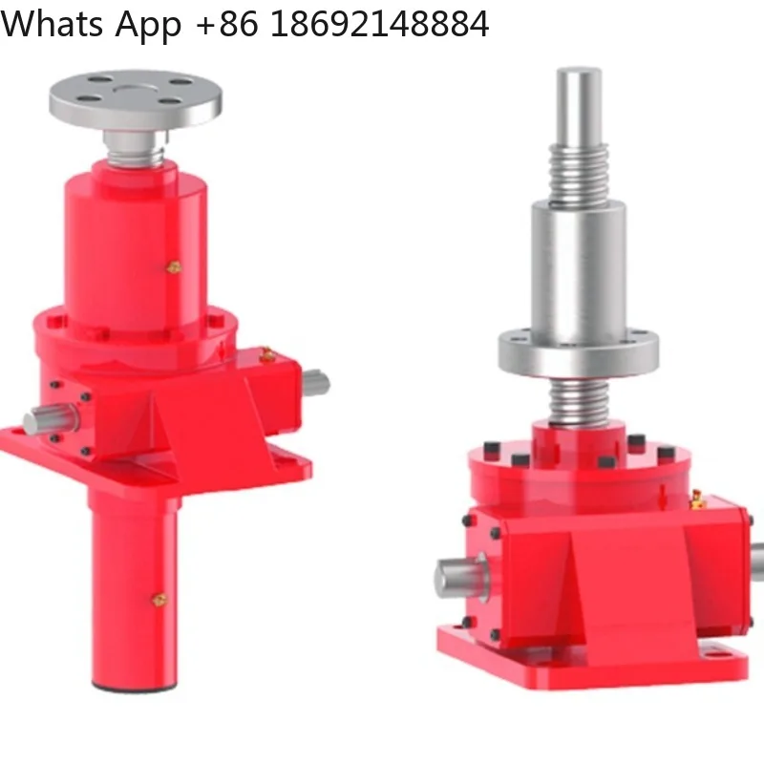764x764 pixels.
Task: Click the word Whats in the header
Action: point(53,24)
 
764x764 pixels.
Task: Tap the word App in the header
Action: point(149,24)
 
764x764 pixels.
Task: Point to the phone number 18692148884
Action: point(379,24)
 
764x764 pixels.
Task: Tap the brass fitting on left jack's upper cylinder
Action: point(174,268)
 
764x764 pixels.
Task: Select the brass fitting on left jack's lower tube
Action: point(159,599)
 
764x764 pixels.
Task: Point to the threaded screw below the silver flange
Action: point(579,401)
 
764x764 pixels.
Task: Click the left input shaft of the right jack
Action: point(458,578)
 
